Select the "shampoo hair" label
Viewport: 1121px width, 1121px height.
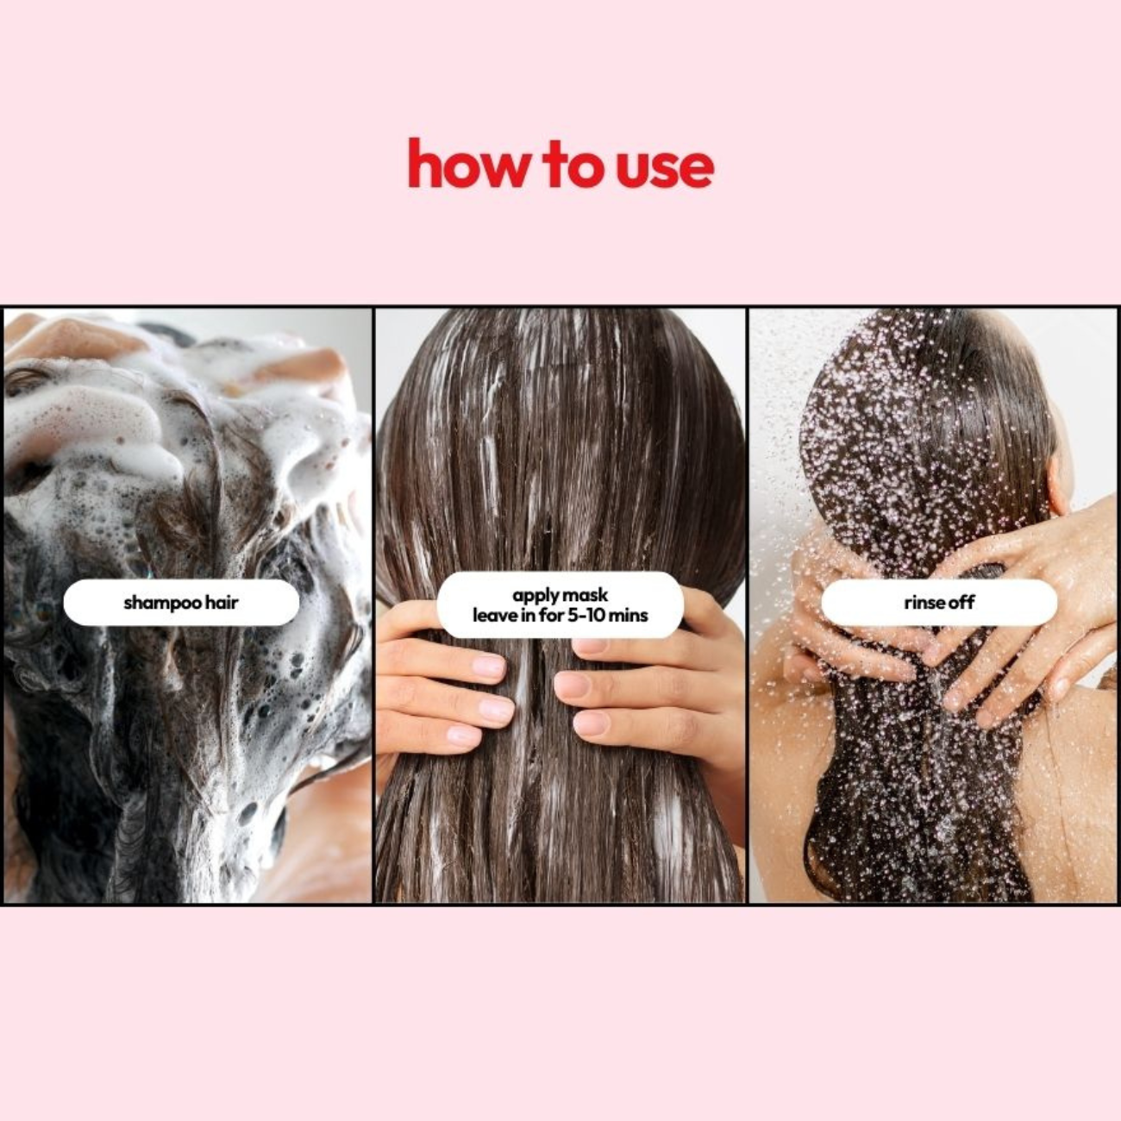pyautogui.click(x=181, y=602)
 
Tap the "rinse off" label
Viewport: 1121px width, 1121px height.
pyautogui.click(x=938, y=602)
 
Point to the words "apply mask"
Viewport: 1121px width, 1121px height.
pyautogui.click(x=560, y=595)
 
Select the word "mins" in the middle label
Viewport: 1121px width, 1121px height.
pyautogui.click(x=628, y=615)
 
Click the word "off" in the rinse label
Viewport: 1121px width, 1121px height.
pyautogui.click(x=961, y=602)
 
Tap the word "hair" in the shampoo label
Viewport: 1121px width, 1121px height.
pyautogui.click(x=222, y=602)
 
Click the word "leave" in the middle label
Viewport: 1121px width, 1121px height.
pyautogui.click(x=493, y=615)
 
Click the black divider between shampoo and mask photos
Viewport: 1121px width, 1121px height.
pyautogui.click(x=373, y=604)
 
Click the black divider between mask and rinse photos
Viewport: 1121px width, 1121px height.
pyautogui.click(x=747, y=604)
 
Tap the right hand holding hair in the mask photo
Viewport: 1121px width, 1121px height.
pyautogui.click(x=655, y=681)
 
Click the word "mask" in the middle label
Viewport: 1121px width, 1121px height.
pyautogui.click(x=586, y=595)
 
